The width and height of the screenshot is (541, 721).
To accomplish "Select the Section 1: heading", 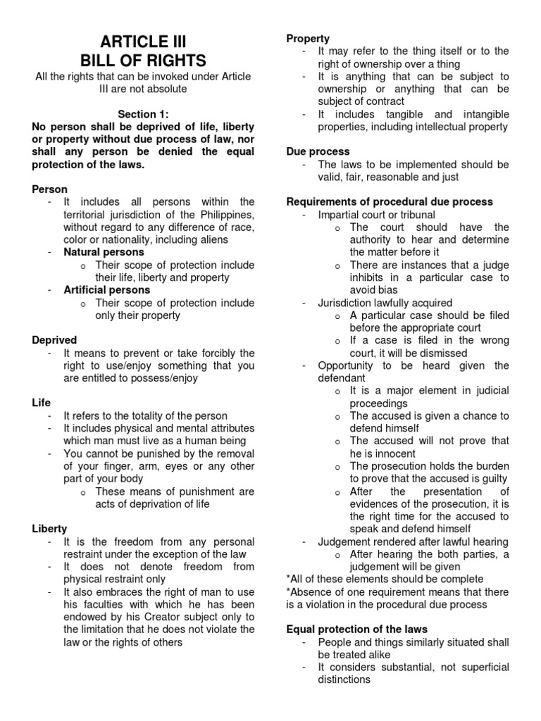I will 143,114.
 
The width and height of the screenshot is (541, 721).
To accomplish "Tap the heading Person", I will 50,189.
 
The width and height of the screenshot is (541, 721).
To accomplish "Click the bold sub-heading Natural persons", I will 104,252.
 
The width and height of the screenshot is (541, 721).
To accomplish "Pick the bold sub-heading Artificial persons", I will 106,290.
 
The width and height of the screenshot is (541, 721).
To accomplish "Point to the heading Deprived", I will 54,340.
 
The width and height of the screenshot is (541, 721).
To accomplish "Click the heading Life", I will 42,403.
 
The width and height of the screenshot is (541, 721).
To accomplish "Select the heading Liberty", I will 50,529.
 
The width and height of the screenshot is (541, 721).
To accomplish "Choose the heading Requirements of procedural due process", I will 390,202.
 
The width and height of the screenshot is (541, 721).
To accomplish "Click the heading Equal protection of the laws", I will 356,629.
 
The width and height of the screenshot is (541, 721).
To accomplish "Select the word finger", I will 132,466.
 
